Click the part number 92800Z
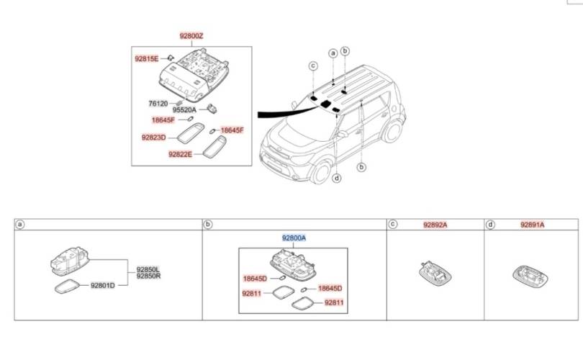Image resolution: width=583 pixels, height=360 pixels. (193, 35)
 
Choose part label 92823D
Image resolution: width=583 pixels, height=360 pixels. (153, 137)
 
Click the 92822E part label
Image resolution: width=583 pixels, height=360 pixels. (180, 154)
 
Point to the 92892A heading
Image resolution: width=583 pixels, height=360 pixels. (435, 225)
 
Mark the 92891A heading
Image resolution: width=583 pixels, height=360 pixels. (532, 225)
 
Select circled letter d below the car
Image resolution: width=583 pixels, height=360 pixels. (336, 179)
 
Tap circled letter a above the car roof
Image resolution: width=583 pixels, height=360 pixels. (333, 53)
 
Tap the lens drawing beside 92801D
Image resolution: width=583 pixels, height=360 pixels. (68, 287)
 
